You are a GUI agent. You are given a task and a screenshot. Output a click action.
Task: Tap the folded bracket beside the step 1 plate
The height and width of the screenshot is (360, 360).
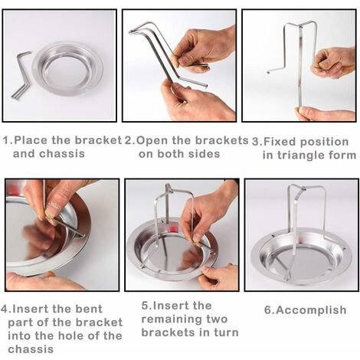(x=20, y=77)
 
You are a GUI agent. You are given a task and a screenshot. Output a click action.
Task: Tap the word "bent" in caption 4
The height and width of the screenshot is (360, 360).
(x=90, y=309)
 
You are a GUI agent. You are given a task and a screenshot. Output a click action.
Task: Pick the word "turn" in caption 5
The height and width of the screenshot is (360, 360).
(x=227, y=332)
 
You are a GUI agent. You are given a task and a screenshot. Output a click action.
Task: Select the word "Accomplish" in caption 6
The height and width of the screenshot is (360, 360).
(x=311, y=310)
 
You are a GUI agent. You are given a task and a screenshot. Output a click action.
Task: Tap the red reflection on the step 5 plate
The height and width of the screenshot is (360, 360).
(x=174, y=227)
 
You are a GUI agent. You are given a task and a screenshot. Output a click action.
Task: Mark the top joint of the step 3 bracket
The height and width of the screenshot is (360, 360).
(x=301, y=25)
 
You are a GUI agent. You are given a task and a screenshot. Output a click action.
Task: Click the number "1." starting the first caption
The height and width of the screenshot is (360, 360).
(x=8, y=140)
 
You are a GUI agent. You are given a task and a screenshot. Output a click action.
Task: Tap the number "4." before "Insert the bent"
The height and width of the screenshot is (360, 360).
(x=6, y=309)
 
